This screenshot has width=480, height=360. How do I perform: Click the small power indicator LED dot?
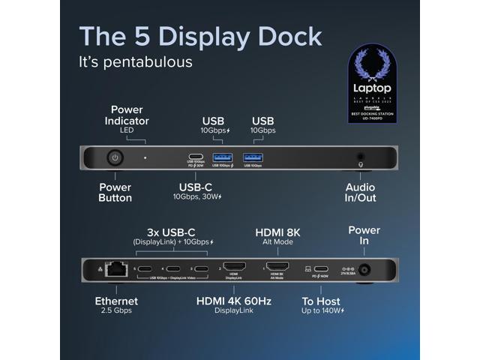[145, 158]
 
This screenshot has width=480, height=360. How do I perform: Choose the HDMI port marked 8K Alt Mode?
[277, 268]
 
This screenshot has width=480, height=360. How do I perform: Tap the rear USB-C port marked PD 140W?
[320, 268]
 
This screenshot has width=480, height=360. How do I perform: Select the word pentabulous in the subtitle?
[148, 62]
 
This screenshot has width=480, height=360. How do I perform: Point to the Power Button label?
[115, 193]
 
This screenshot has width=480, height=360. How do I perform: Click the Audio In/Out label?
[361, 193]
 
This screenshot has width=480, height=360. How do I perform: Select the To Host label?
[320, 304]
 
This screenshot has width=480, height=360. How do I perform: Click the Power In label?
[364, 235]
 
